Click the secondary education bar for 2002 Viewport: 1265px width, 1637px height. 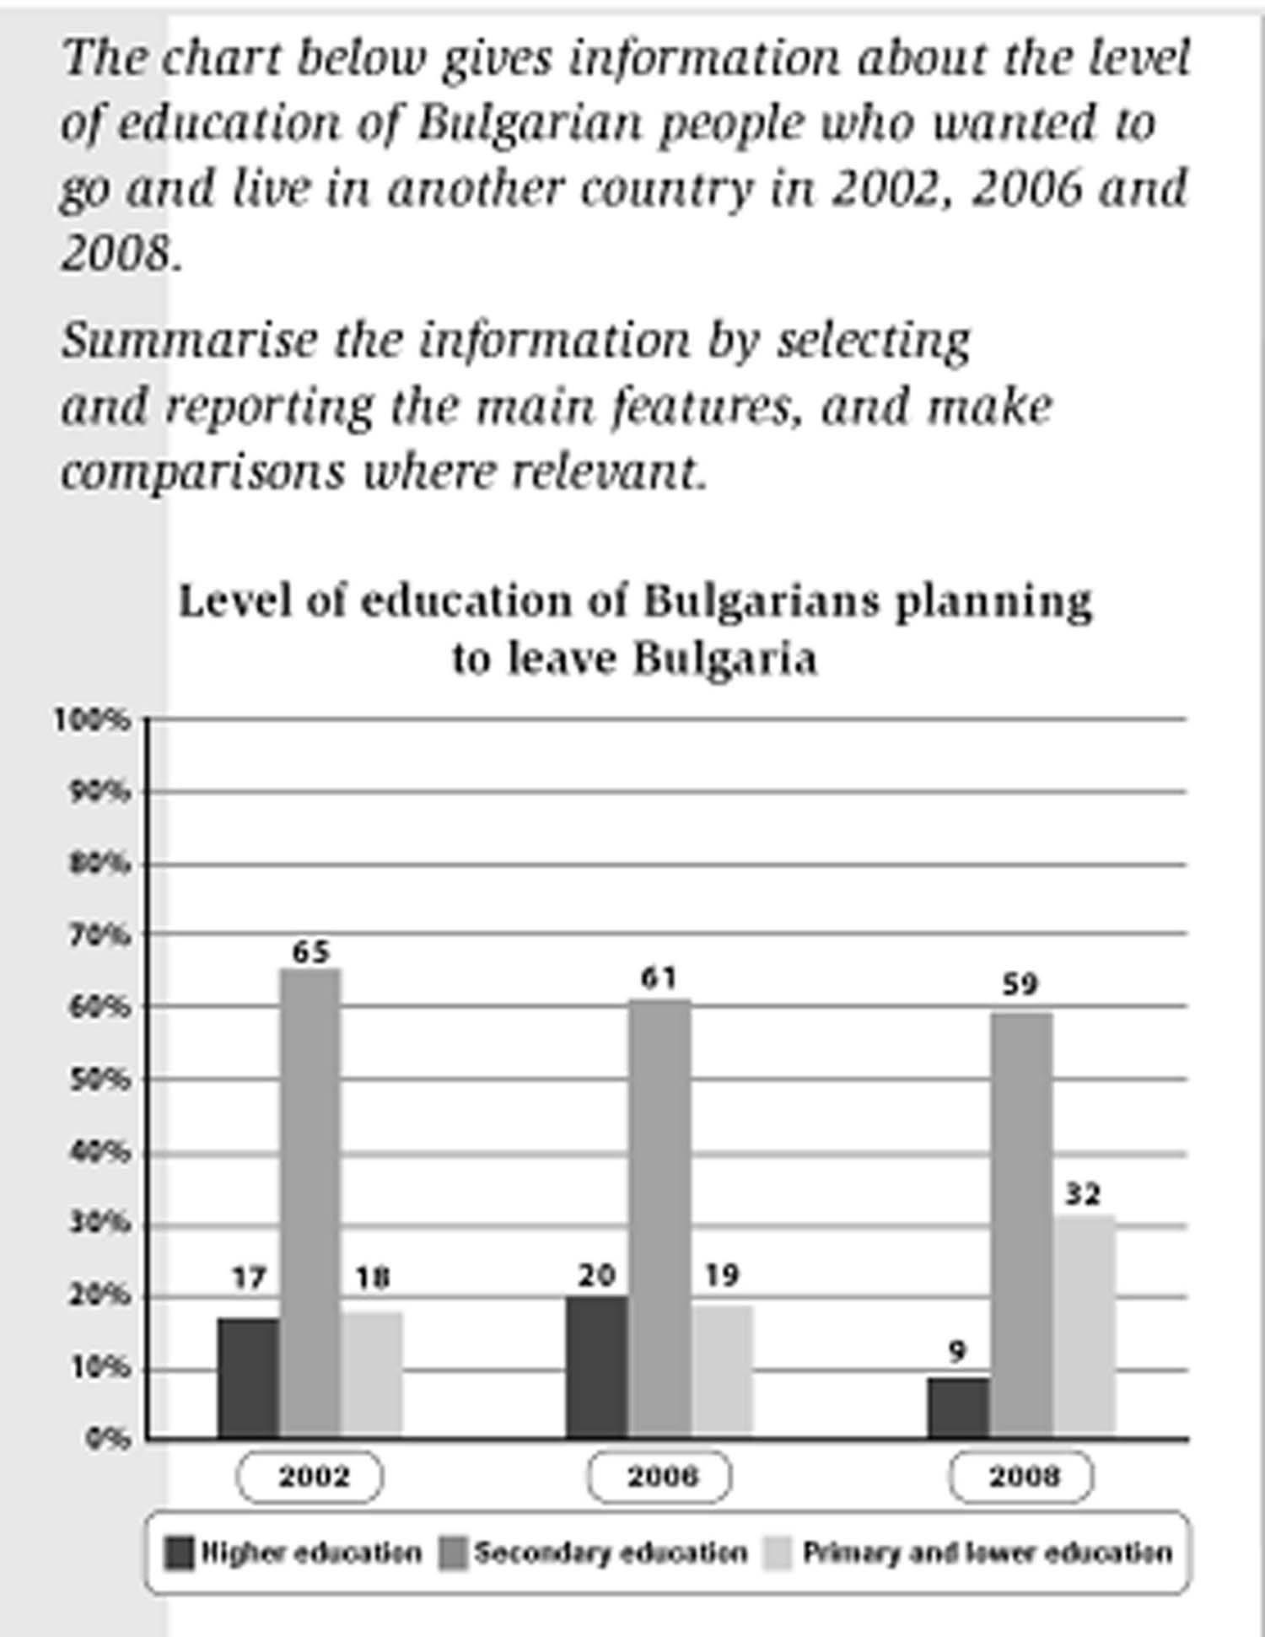pos(310,1202)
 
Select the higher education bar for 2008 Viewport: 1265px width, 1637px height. pos(959,1408)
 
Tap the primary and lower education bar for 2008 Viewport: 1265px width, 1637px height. pos(1084,1325)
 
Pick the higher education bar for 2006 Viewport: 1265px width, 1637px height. pos(597,1366)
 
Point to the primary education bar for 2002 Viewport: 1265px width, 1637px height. pos(372,1374)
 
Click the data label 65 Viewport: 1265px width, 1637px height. pos(310,952)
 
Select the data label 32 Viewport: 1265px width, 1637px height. pos(1083,1194)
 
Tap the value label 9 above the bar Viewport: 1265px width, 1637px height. pos(956,1353)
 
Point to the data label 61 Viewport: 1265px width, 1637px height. pos(659,978)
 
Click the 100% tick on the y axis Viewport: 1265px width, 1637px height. pos(94,720)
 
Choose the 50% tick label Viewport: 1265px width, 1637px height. pos(99,1080)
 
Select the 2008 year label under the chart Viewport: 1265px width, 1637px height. pos(1021,1477)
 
